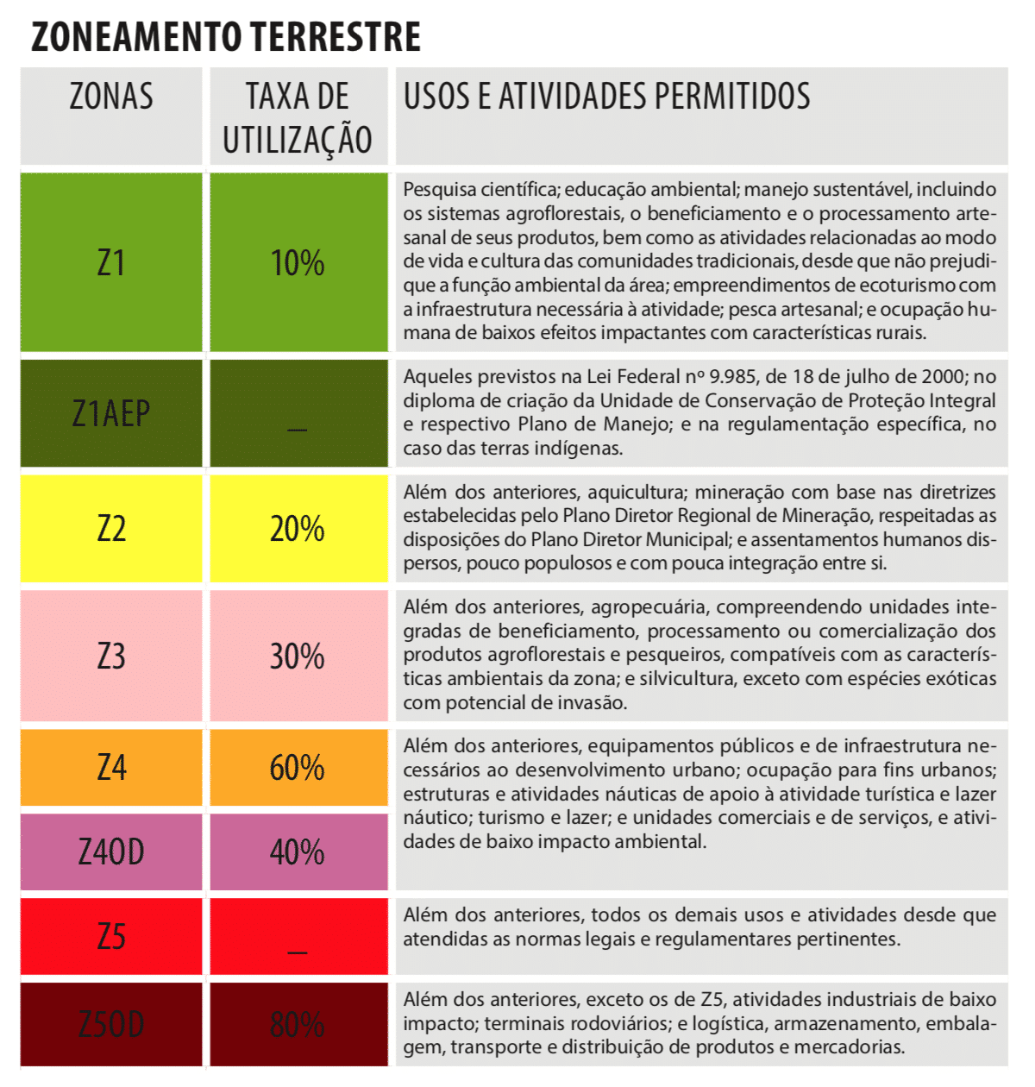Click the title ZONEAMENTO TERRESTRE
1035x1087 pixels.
coord(226,36)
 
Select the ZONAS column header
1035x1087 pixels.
coord(111,97)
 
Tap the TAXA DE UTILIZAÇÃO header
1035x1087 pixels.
coord(298,117)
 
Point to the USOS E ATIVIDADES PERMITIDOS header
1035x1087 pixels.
coord(606,97)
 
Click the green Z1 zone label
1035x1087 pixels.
coord(111,263)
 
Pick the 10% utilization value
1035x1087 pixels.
coord(298,263)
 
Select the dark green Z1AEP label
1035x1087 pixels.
coord(111,414)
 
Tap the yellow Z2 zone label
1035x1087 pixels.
coord(111,528)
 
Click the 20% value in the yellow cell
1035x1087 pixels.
coord(298,528)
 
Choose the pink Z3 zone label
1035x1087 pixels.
coord(111,657)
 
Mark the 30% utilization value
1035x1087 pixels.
coord(298,657)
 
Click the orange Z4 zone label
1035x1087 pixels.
coord(111,767)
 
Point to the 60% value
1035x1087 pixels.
coord(298,767)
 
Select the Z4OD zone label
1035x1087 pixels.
coord(111,852)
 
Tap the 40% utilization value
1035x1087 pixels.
coord(298,852)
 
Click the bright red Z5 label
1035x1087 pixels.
coord(111,937)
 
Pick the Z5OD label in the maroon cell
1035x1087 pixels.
coord(111,1025)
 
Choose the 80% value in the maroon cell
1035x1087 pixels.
coord(298,1025)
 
